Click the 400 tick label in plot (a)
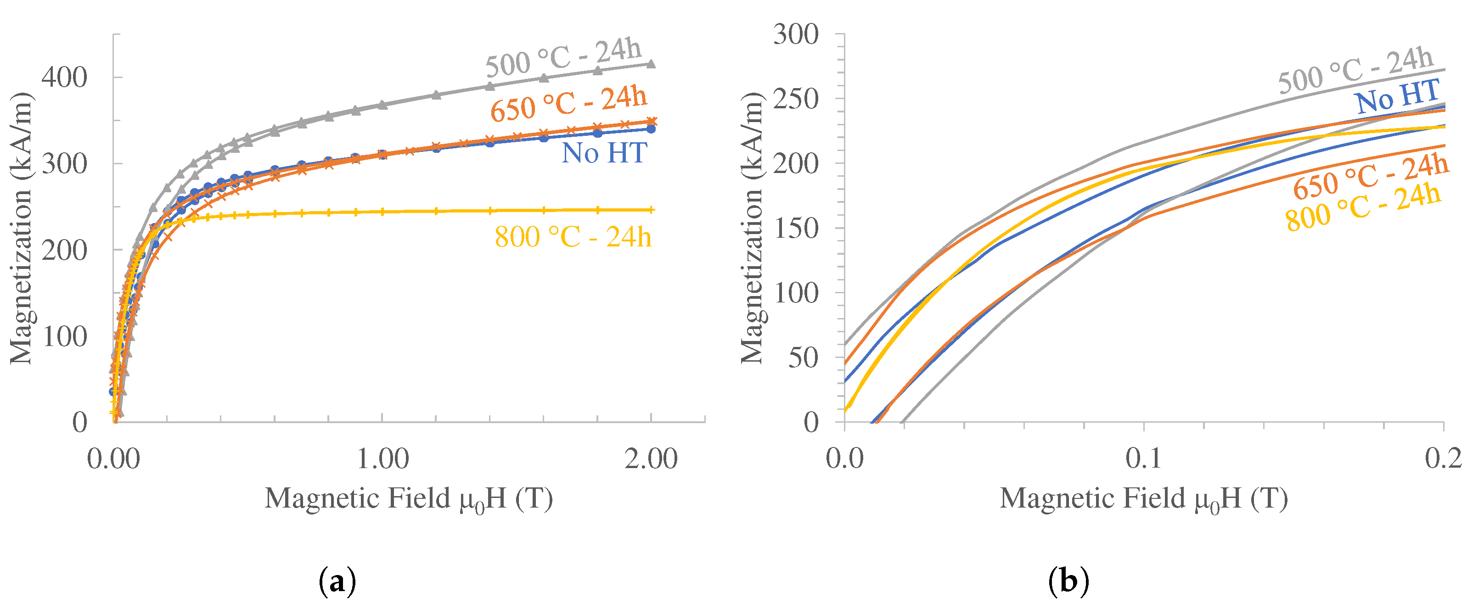click(64, 77)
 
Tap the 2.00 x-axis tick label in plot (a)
click(651, 459)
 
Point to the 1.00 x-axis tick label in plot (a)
click(382, 459)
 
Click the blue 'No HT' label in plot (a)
click(604, 153)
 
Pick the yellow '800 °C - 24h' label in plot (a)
click(573, 236)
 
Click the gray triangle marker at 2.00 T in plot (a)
click(651, 63)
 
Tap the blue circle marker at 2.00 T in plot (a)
click(651, 129)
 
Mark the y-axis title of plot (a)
click(22, 227)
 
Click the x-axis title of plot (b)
click(1144, 498)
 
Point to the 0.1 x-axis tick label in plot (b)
click(1144, 459)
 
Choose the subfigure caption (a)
click(337, 581)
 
